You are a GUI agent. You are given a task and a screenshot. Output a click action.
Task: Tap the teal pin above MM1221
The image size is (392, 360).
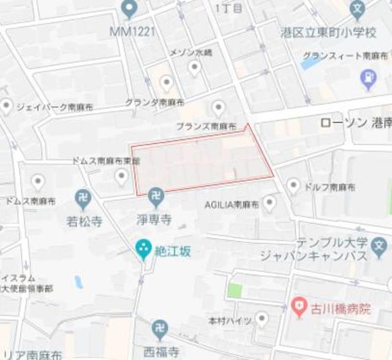pos(129,9)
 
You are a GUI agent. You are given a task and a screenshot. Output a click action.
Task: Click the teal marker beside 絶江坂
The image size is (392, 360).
pos(143,249)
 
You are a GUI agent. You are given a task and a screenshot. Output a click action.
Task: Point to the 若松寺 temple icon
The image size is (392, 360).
pos(83,198)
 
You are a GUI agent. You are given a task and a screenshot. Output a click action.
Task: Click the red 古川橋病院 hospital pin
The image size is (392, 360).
pos(298,304)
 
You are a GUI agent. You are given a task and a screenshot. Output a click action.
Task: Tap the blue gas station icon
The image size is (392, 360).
pos(368,78)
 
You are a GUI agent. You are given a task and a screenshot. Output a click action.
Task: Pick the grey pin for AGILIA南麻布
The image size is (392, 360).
pos(269,203)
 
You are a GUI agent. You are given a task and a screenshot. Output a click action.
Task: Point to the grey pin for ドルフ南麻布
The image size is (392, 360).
pos(294,185)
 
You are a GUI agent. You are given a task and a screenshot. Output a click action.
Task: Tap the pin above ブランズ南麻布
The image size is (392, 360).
pos(218,109)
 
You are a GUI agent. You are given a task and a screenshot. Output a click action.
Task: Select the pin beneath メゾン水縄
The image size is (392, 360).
pos(194,68)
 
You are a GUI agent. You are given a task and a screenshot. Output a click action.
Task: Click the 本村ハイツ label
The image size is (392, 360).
pos(230,320)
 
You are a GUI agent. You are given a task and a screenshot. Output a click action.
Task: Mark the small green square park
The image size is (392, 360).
pos(234,290)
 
